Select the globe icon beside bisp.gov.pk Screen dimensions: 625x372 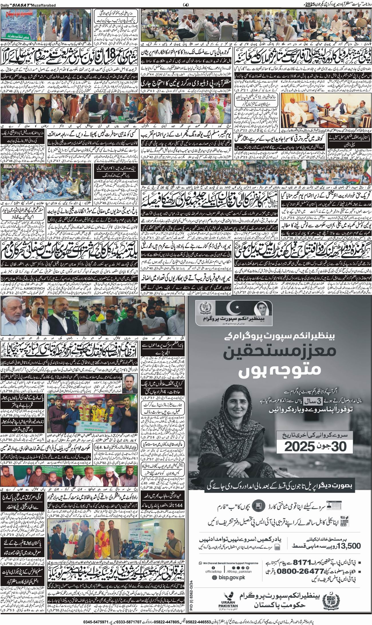[x=215, y=569]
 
